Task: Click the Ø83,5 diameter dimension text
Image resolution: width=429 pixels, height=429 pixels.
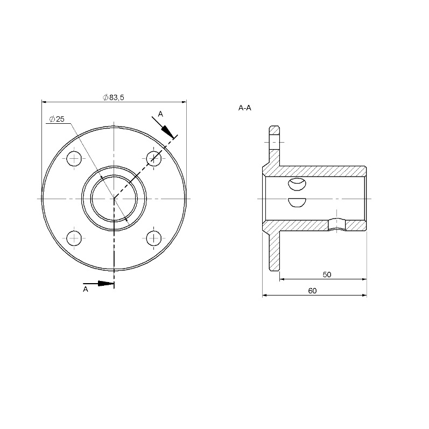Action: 114,97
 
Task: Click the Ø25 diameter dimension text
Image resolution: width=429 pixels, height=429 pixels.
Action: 57,119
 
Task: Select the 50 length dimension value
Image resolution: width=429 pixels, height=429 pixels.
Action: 327,275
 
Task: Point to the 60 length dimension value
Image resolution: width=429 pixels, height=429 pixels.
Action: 312,291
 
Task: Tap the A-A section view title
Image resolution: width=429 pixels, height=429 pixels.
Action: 244,108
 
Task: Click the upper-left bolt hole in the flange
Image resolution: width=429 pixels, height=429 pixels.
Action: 74,158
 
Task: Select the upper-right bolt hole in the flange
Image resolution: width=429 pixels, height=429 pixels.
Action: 154,158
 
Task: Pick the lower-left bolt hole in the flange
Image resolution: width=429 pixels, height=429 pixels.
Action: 74,238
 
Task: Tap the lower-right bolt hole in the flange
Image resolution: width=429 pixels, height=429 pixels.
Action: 154,238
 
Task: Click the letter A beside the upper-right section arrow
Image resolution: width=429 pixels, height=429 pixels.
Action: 160,114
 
